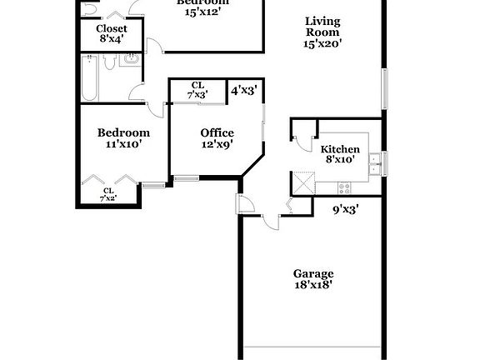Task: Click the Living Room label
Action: [322, 27]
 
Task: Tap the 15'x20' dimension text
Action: [322, 43]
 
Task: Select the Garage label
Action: [312, 273]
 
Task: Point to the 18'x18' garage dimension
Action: [312, 285]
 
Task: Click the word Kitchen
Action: [340, 149]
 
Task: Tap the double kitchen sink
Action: [375, 161]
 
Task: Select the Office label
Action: [217, 132]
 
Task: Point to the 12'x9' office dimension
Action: [217, 144]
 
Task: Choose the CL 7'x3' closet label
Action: [197, 90]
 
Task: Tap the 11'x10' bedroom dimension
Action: [123, 144]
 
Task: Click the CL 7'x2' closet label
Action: [108, 194]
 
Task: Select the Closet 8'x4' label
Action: [112, 33]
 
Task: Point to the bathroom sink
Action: [132, 60]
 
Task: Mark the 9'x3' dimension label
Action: [344, 210]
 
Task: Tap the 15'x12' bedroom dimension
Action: [202, 12]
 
